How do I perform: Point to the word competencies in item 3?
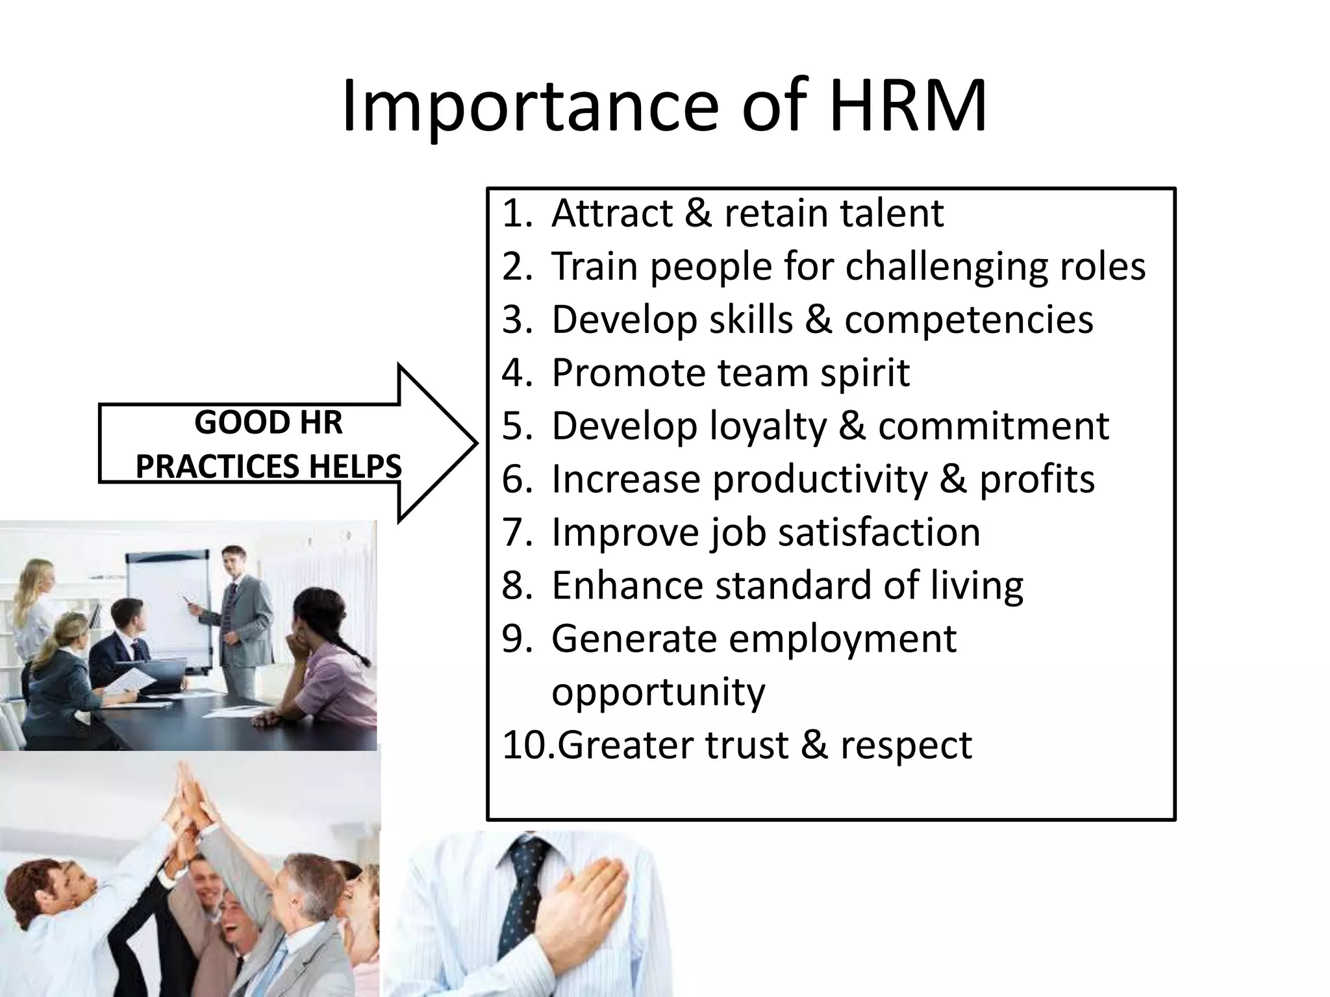tap(968, 320)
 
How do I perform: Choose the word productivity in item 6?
tap(820, 480)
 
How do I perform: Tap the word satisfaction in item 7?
tap(879, 532)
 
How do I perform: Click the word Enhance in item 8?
tap(627, 585)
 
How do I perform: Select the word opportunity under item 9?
tap(658, 692)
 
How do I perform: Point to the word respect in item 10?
tap(906, 745)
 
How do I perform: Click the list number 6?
tap(516, 480)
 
